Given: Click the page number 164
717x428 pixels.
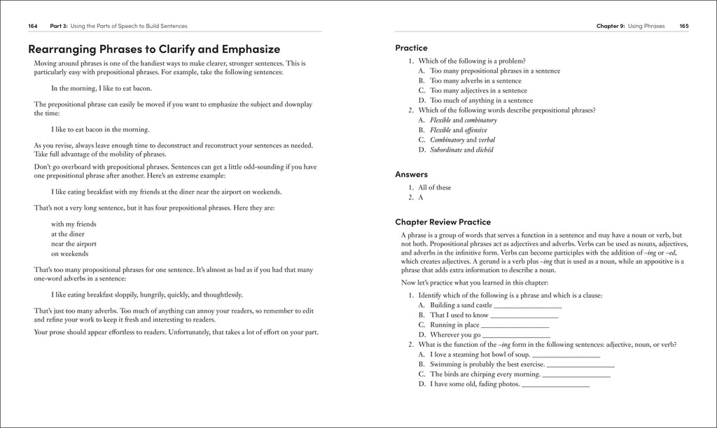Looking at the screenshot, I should click(x=32, y=26).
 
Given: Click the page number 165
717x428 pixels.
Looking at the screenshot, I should click(x=683, y=26).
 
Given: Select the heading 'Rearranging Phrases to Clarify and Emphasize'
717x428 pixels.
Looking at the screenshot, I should click(x=153, y=49).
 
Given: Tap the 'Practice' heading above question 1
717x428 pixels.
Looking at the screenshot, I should click(x=411, y=48).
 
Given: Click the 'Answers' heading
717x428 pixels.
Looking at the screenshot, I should click(x=411, y=174).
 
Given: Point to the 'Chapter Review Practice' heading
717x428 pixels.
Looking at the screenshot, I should click(x=443, y=222).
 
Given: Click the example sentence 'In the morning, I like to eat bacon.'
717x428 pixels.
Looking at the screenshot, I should click(x=101, y=88).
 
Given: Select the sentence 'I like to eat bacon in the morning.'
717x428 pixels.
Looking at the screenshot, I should click(x=100, y=129).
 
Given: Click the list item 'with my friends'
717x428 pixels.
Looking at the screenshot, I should click(x=74, y=224).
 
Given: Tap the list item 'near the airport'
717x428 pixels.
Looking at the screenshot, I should click(x=74, y=244).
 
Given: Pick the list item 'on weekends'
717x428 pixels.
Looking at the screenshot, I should click(x=69, y=254).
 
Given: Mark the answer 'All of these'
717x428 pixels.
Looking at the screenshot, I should click(x=434, y=187).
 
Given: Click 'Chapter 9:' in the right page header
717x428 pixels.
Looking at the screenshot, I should click(x=610, y=26).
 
